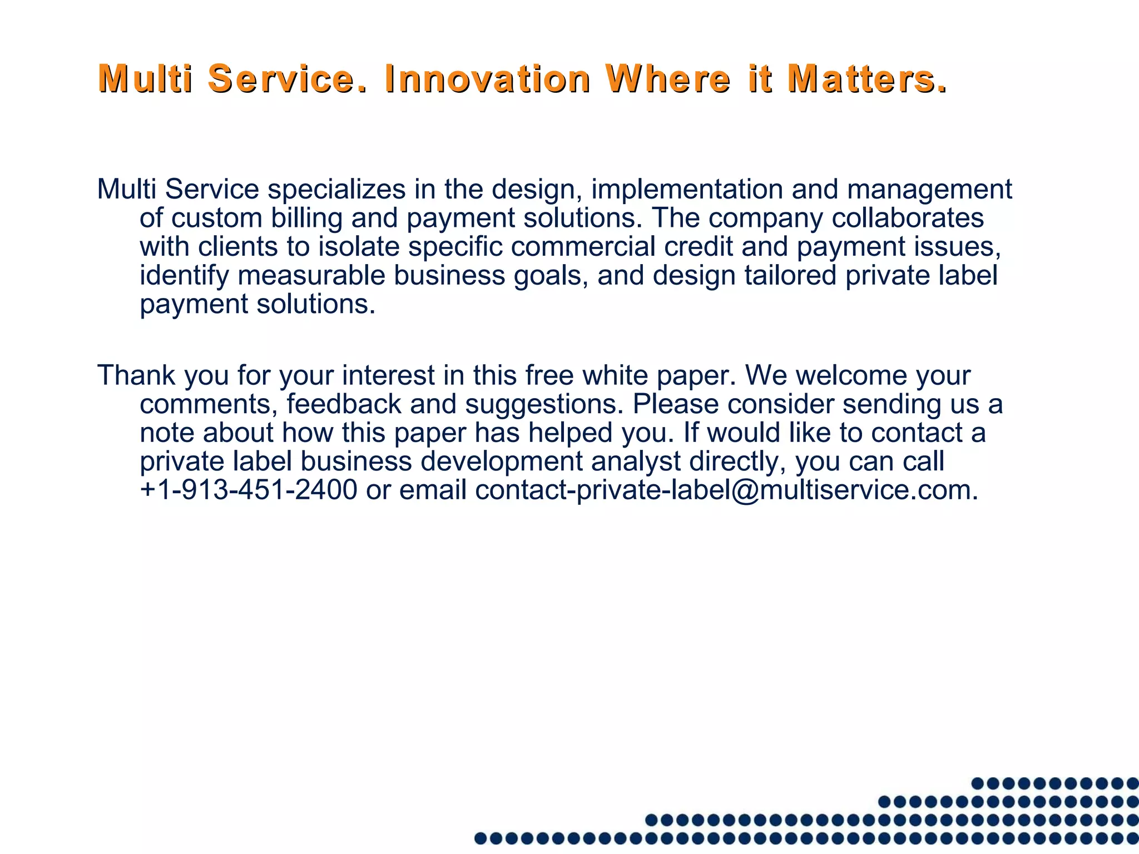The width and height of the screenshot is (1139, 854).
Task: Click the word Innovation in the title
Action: point(487,78)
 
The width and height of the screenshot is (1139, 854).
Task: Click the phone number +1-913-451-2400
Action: point(248,490)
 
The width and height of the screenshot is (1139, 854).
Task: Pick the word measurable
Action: point(311,275)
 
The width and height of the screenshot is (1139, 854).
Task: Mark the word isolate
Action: point(359,246)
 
